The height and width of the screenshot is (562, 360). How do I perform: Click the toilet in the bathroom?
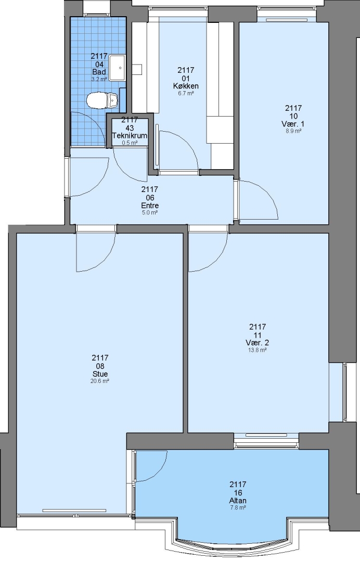click(102, 100)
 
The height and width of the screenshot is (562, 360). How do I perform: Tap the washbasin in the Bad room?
click(117, 67)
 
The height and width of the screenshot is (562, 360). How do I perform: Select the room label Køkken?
click(186, 86)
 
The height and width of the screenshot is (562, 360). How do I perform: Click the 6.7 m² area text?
click(186, 93)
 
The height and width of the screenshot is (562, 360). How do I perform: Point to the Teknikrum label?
click(130, 135)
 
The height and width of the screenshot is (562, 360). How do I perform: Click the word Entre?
click(150, 206)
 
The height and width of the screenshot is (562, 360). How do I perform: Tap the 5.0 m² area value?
click(150, 212)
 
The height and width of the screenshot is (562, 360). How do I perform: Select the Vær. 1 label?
click(293, 124)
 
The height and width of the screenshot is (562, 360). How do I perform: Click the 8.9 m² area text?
click(293, 131)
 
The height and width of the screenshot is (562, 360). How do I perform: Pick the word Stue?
click(100, 374)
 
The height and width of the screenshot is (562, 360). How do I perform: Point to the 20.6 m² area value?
click(100, 381)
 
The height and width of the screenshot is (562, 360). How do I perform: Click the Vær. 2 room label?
click(257, 342)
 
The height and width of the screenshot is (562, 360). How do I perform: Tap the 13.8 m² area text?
click(257, 350)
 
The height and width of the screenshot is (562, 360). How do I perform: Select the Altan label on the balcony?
click(238, 501)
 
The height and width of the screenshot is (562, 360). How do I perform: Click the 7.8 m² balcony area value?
click(238, 507)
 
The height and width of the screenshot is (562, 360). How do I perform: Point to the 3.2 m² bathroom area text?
click(99, 79)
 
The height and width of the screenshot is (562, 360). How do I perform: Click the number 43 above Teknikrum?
click(130, 128)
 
